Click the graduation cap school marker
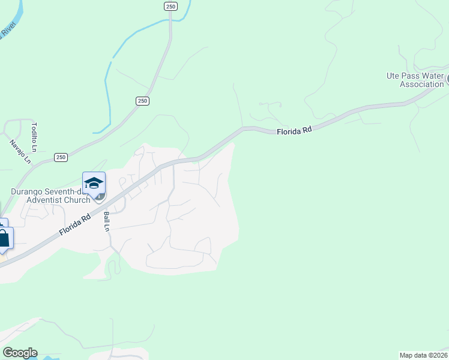point(94,182)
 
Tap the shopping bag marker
point(4,238)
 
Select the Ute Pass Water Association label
point(415,80)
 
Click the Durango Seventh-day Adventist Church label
point(50,196)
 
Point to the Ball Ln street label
point(107,221)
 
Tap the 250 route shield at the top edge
point(170,6)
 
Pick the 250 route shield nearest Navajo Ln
point(61,157)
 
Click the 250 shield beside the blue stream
point(142,101)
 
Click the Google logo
point(19,353)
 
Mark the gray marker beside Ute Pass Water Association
point(447,79)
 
